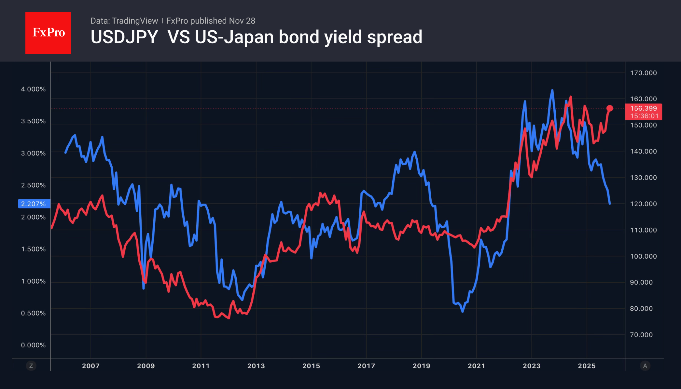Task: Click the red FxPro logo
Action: [48, 33]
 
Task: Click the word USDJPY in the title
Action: [124, 37]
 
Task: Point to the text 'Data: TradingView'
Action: [124, 21]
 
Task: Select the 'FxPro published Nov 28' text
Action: [211, 21]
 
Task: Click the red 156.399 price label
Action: [643, 108]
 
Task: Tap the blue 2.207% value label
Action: [34, 204]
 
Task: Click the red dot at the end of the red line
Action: [610, 108]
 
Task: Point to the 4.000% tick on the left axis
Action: [33, 89]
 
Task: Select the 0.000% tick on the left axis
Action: [33, 345]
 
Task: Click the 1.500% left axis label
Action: [33, 249]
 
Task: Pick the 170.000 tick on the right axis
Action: [643, 73]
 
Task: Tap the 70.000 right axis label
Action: [641, 335]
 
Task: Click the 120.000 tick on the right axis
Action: [643, 204]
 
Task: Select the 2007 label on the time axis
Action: [91, 366]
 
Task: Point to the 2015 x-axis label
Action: [311, 366]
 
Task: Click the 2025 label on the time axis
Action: [587, 366]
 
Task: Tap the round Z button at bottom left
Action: [31, 366]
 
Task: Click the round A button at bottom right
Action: [645, 366]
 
